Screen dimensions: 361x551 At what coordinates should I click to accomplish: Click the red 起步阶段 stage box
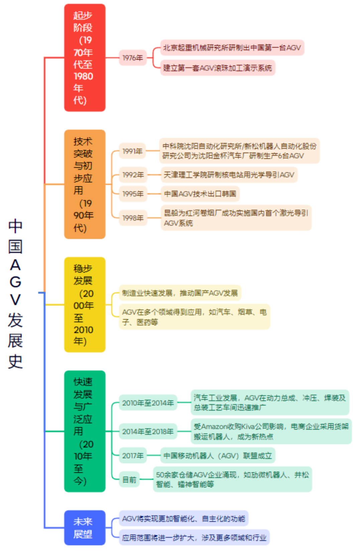tap(85, 57)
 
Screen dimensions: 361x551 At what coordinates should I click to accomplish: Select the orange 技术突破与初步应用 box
tap(85, 184)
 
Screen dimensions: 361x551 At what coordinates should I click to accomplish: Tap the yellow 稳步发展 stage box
tap(85, 304)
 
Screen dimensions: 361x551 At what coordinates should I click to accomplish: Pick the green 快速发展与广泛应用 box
tap(85, 431)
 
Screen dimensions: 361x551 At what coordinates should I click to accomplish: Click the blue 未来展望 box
tap(85, 528)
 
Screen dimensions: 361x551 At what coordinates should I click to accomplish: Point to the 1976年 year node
tap(133, 58)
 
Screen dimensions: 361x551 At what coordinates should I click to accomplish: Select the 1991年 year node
tap(133, 151)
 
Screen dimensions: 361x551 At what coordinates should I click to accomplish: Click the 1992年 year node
tap(133, 175)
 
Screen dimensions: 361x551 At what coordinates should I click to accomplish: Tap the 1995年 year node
tap(133, 194)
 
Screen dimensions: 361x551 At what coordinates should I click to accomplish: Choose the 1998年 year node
tap(133, 218)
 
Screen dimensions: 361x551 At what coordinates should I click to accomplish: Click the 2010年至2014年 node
tap(148, 403)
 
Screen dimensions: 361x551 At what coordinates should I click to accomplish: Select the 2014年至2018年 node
tap(148, 432)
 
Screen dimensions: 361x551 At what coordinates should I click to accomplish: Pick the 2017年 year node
tap(133, 456)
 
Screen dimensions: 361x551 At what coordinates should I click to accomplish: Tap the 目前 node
tap(129, 480)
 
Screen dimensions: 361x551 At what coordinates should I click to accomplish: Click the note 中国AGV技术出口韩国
tap(200, 194)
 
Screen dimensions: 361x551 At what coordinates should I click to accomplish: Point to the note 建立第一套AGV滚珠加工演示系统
tap(218, 68)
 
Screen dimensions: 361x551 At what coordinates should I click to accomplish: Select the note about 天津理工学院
tap(229, 175)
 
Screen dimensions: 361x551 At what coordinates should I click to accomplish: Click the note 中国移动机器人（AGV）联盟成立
tap(218, 456)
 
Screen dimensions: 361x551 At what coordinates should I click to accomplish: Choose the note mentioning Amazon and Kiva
tap(271, 431)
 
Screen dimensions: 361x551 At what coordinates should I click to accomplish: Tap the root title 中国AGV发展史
tap(15, 294)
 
